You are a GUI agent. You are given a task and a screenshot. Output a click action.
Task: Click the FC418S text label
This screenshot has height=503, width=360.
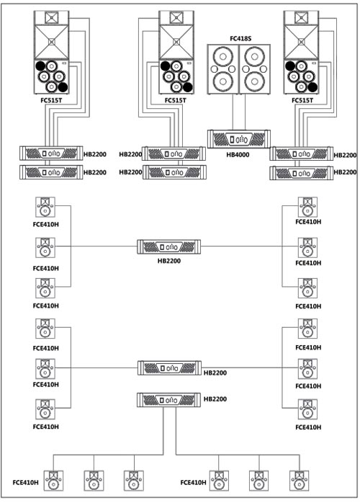click(x=240, y=39)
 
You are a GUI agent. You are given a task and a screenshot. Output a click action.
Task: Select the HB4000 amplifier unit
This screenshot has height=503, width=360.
click(x=239, y=139)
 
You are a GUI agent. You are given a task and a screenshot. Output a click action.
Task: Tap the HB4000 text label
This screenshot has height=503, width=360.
click(x=238, y=155)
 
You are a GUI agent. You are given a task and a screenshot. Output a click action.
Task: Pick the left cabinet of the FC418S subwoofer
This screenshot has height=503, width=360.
click(x=223, y=69)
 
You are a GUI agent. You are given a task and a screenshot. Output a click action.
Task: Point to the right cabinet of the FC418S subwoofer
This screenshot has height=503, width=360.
click(x=255, y=69)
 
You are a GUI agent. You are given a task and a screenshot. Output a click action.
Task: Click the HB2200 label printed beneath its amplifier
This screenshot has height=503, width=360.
click(x=169, y=261)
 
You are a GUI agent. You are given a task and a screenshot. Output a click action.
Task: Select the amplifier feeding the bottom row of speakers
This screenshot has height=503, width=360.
click(x=169, y=400)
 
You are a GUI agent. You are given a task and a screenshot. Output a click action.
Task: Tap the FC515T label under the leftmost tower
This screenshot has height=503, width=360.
click(x=51, y=100)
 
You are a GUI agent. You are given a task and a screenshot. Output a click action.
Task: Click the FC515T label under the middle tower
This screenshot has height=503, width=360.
click(x=176, y=100)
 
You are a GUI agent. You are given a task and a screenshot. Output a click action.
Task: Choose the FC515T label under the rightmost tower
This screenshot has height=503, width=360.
click(x=302, y=100)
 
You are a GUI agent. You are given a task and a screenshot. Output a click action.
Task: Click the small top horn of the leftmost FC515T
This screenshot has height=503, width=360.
click(x=52, y=17)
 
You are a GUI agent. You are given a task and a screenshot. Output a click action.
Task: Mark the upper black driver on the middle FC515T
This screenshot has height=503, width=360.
click(x=165, y=66)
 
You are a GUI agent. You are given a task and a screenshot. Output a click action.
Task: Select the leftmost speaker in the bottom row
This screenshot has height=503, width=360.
click(x=53, y=481)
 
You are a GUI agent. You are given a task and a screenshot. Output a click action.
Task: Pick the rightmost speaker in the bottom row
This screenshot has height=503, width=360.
click(x=299, y=481)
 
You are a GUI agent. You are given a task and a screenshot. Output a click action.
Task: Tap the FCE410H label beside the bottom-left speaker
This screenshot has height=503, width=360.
click(x=26, y=483)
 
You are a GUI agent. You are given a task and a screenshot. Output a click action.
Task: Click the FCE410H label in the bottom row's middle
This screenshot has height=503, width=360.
click(x=193, y=483)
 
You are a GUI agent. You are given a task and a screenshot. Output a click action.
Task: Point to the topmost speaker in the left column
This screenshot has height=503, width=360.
click(x=45, y=208)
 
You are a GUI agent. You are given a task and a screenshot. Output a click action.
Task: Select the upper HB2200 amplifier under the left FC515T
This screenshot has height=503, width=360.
click(x=51, y=153)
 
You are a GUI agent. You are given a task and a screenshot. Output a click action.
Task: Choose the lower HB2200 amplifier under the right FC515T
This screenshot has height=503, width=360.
click(x=302, y=173)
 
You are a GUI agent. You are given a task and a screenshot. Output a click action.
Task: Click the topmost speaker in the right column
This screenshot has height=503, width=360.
click(x=307, y=208)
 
